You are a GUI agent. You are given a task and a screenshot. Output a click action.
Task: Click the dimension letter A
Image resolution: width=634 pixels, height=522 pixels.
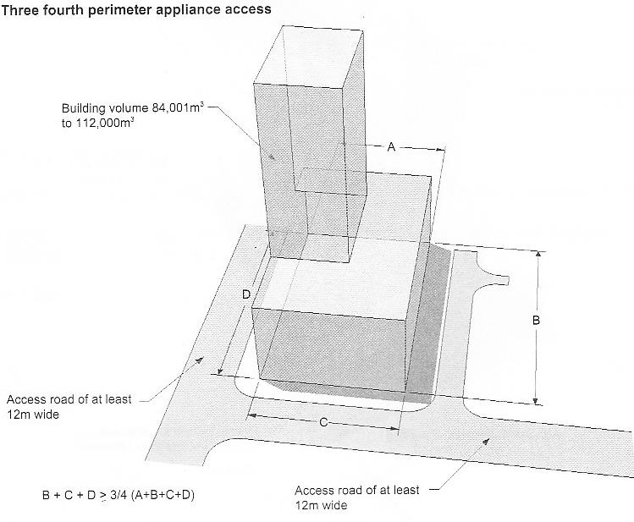tap(391, 147)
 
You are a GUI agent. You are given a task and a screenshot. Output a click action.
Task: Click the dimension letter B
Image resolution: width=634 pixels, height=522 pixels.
tap(536, 321)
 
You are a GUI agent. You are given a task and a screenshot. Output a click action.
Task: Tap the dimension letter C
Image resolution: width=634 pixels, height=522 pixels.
tap(323, 423)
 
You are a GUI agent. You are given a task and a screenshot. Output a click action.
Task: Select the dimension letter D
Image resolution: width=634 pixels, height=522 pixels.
tap(246, 294)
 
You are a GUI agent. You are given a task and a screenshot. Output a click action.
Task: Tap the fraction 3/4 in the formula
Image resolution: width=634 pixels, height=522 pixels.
tap(119, 495)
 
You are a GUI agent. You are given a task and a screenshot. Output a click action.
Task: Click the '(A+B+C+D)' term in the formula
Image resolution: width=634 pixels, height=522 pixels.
tap(163, 495)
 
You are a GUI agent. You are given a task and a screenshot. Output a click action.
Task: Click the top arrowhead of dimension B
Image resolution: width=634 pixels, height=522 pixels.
tap(538, 254)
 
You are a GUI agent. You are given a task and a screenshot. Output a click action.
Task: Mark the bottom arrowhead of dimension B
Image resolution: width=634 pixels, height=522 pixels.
tap(535, 401)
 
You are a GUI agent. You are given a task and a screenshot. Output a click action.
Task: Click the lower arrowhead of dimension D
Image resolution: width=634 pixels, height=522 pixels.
tap(220, 371)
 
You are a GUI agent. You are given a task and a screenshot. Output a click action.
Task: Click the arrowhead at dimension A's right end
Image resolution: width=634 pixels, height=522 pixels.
tap(441, 150)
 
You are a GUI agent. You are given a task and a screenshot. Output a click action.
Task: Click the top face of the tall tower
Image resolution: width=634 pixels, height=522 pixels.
tap(308, 57)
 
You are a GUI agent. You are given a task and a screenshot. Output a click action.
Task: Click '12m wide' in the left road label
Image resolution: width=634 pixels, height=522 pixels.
tap(33, 415)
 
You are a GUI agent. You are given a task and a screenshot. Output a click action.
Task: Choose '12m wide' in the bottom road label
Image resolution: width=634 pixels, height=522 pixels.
tap(321, 505)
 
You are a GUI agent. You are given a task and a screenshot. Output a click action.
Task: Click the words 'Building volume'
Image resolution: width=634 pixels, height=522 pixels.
tap(105, 108)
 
